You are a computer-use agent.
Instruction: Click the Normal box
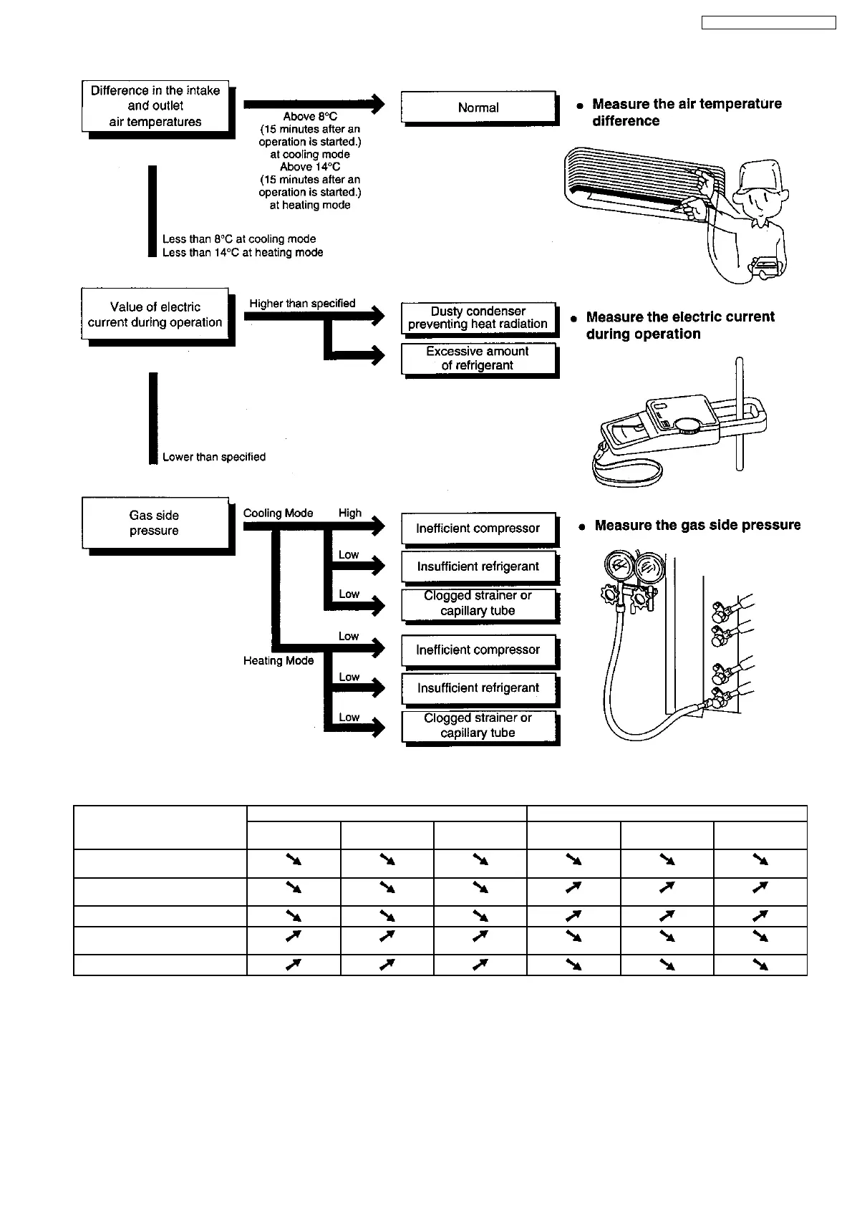coord(478,107)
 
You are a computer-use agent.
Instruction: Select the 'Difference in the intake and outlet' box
coord(155,106)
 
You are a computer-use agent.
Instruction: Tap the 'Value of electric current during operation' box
coord(155,314)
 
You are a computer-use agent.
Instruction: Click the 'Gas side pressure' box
coord(155,523)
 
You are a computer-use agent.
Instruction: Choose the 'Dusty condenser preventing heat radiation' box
coord(478,317)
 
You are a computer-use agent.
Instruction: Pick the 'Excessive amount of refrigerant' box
coord(478,358)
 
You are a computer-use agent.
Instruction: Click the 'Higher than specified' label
coord(302,304)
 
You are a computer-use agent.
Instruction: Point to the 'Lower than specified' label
coord(214,457)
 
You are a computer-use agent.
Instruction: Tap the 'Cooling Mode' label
coord(278,513)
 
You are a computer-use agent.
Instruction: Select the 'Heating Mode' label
coord(279,660)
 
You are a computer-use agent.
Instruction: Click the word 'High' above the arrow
coord(350,513)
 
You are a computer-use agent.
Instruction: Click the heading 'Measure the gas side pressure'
coord(697,525)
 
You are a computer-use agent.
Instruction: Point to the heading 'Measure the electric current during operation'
coord(679,325)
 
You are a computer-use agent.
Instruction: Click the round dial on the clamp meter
coord(689,425)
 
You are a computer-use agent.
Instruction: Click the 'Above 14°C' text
coord(310,167)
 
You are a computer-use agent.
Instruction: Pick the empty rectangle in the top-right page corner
coord(768,23)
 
